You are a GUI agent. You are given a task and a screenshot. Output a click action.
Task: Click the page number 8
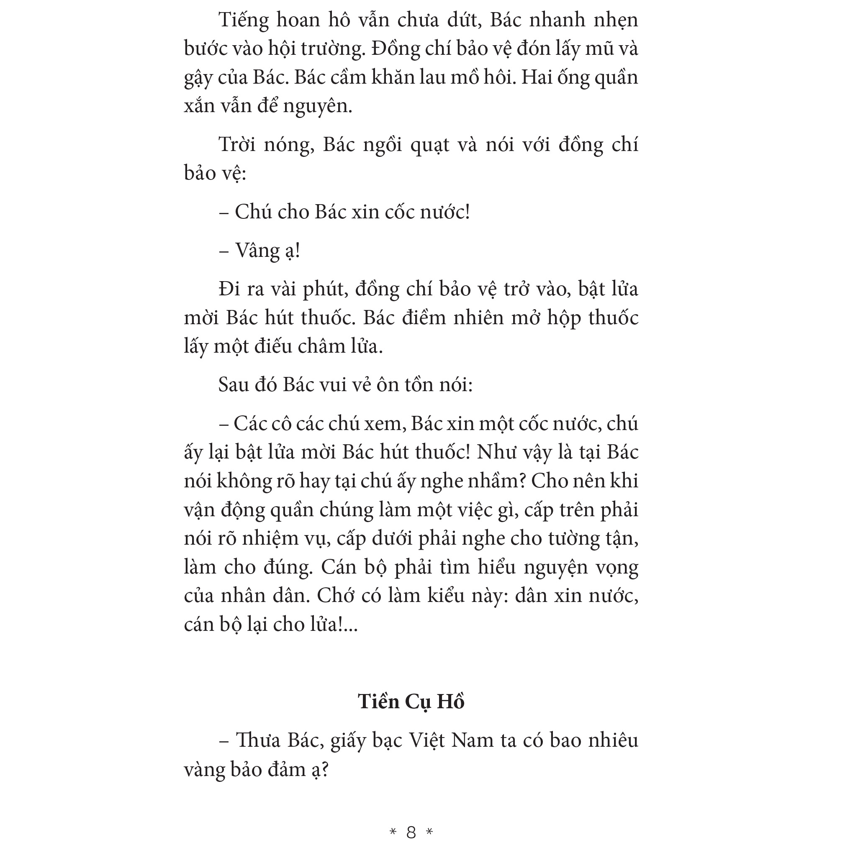411,832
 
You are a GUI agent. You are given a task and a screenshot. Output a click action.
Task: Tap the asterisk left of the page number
393,833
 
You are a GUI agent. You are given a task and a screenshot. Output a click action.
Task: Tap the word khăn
368,77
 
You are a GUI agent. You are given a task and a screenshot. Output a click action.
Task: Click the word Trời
237,145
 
